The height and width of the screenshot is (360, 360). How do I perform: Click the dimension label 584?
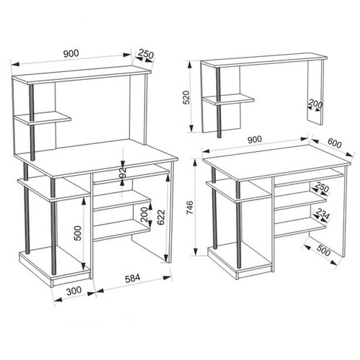pyautogui.click(x=132, y=279)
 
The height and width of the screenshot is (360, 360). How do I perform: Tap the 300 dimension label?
pyautogui.click(x=74, y=291)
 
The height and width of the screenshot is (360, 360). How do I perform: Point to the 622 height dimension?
pyautogui.click(x=161, y=217)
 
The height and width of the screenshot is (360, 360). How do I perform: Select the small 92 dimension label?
pyautogui.click(x=122, y=173)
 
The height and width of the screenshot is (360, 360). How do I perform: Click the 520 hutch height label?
pyautogui.click(x=186, y=97)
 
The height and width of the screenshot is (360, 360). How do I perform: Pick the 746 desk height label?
pyautogui.click(x=189, y=208)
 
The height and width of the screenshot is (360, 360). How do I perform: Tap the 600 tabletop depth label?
pyautogui.click(x=334, y=143)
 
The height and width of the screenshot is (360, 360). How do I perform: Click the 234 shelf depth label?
pyautogui.click(x=322, y=214)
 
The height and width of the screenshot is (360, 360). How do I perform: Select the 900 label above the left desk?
pyautogui.click(x=71, y=53)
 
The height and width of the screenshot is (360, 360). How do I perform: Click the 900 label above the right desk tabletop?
pyautogui.click(x=255, y=140)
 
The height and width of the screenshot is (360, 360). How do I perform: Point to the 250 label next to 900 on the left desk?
pyautogui.click(x=146, y=54)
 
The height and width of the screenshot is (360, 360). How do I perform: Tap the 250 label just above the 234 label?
pyautogui.click(x=322, y=187)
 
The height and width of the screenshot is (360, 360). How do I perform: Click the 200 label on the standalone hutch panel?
pyautogui.click(x=315, y=104)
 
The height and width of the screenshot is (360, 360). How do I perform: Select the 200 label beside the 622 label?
pyautogui.click(x=144, y=215)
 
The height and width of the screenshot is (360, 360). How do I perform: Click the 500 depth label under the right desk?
pyautogui.click(x=323, y=251)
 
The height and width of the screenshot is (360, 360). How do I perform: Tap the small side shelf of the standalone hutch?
pyautogui.click(x=228, y=99)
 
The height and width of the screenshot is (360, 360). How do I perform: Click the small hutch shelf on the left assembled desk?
pyautogui.click(x=42, y=118)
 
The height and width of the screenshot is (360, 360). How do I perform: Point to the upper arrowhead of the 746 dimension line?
pyautogui.click(x=196, y=163)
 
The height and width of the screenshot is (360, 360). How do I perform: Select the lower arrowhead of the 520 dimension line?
pyautogui.click(x=192, y=128)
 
